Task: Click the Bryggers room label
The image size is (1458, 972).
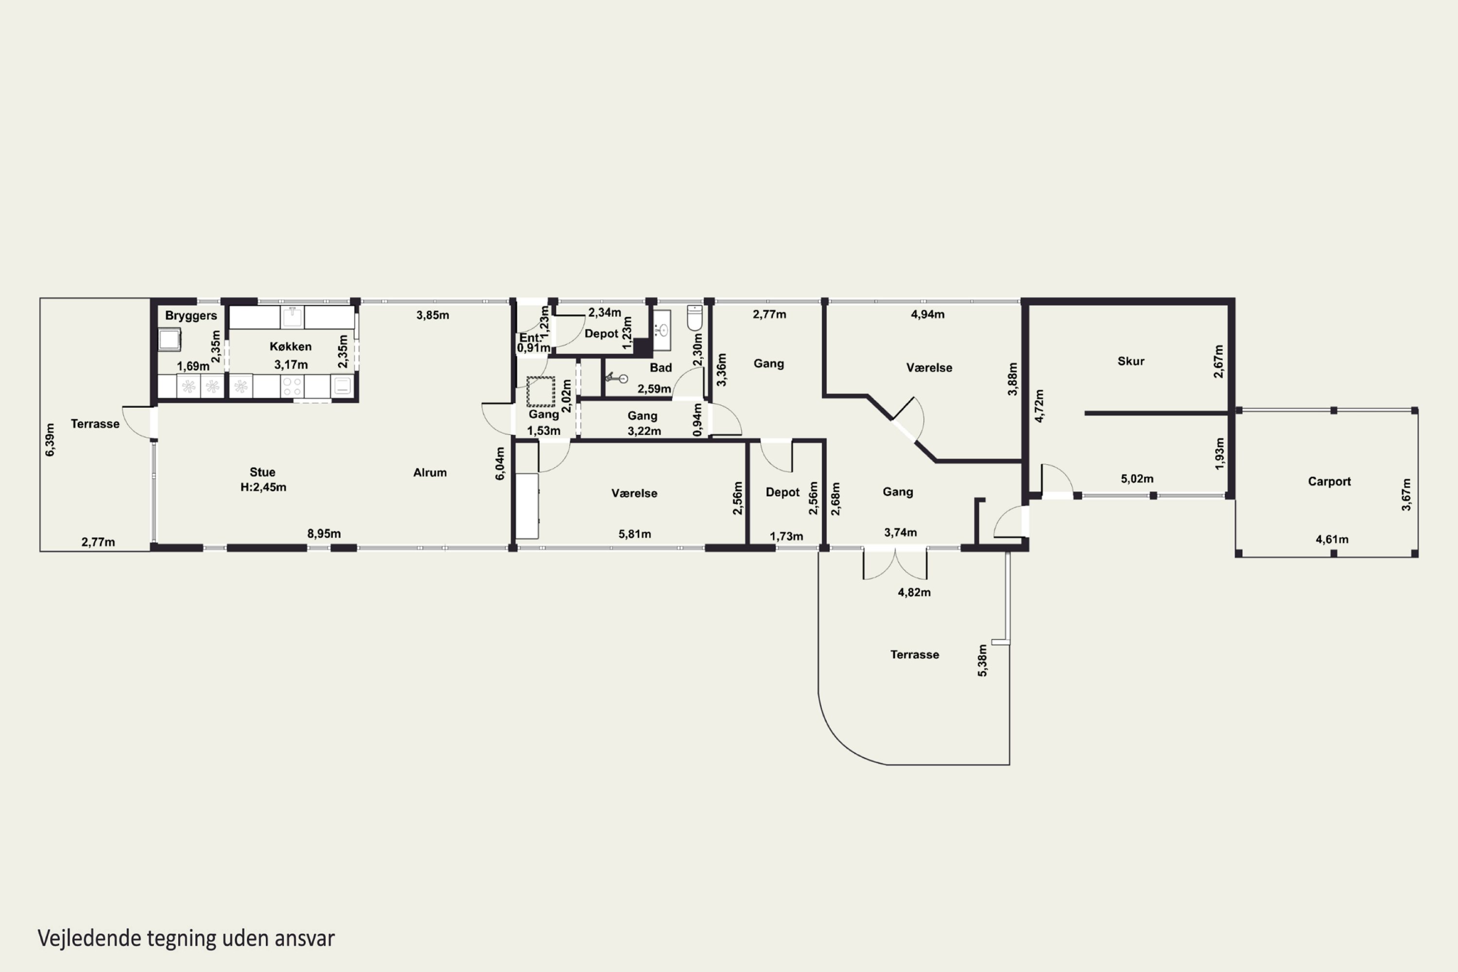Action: point(191,315)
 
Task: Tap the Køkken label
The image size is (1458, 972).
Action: point(291,347)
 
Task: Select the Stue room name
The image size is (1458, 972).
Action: point(262,472)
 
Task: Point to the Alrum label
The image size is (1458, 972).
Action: point(430,472)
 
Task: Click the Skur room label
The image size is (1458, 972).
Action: point(1131,362)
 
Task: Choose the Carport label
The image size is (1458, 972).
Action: point(1329,482)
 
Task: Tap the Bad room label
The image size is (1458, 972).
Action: point(661,367)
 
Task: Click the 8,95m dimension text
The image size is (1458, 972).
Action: point(324,534)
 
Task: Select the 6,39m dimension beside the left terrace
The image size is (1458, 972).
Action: point(50,439)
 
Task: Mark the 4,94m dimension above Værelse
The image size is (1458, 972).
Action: point(927,314)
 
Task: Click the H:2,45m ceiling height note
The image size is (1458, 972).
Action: point(263,487)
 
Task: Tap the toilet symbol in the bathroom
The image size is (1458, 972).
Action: point(695,318)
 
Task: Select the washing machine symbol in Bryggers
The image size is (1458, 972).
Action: point(169,340)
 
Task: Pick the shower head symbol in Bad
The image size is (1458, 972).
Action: point(617,378)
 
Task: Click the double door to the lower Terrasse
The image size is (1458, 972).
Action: point(895,563)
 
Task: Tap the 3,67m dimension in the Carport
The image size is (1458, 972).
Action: point(1406,495)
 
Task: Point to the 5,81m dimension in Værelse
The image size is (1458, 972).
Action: point(635,534)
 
